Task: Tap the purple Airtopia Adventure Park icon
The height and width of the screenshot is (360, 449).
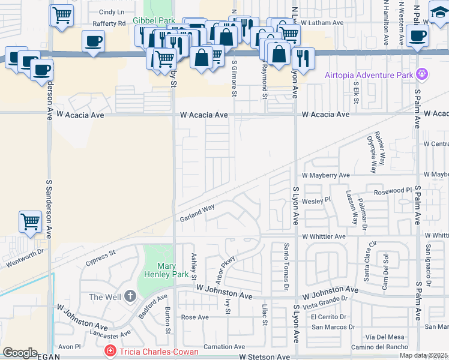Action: click(422, 75)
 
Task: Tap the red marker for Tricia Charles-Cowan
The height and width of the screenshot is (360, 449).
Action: click(110, 350)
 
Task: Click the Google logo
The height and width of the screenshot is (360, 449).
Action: click(20, 353)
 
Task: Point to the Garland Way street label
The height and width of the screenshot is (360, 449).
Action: click(197, 214)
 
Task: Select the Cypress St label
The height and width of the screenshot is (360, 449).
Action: click(100, 257)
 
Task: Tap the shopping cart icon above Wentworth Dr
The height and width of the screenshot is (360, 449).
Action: click(29, 221)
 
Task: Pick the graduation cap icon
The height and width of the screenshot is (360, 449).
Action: click(439, 11)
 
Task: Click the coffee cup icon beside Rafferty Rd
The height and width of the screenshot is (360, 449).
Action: click(93, 42)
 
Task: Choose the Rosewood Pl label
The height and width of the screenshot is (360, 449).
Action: click(393, 191)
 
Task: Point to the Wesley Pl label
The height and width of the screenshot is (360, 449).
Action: click(316, 200)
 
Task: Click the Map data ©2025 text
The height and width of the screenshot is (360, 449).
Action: click(424, 355)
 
